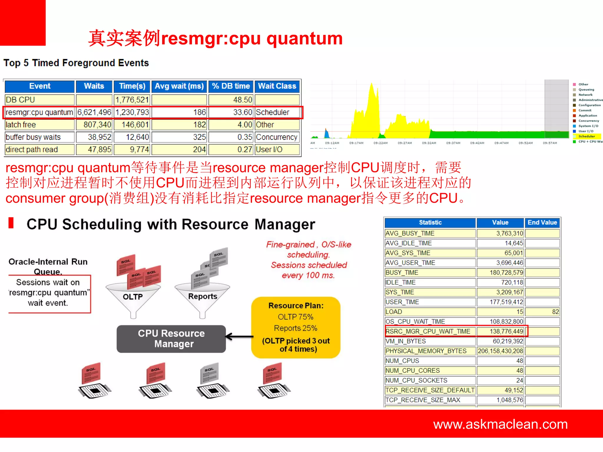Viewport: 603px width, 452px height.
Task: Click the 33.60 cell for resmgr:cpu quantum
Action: [x=231, y=112]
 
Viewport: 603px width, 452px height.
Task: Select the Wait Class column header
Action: [x=277, y=86]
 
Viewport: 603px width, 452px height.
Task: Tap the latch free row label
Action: [x=39, y=125]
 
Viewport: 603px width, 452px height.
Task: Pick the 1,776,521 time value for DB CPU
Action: [x=132, y=100]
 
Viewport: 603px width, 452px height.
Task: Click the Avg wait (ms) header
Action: [x=179, y=86]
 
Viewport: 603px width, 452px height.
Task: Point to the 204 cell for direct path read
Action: [x=179, y=149]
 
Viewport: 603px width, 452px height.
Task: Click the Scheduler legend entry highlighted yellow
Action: [x=587, y=137]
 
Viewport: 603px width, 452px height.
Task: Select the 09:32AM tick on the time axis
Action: [x=429, y=143]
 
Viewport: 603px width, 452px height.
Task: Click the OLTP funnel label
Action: [x=133, y=297]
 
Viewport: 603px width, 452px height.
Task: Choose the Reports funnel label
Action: [x=203, y=296]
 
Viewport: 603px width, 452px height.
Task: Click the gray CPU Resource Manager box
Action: [x=171, y=339]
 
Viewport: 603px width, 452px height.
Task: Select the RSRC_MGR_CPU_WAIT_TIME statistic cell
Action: [x=430, y=331]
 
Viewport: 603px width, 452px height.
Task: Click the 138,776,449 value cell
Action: [x=500, y=331]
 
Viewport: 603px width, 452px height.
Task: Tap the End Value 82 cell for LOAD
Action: [x=542, y=312]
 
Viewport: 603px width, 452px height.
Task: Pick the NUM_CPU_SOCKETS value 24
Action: [x=500, y=380]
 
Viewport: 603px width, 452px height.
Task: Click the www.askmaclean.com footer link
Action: [x=500, y=424]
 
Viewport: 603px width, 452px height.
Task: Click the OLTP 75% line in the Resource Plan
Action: [x=296, y=317]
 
